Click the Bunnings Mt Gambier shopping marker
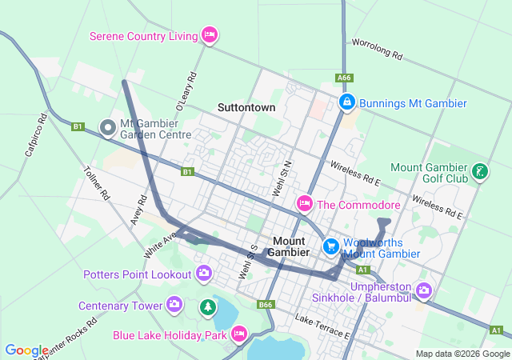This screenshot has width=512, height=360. (346, 103)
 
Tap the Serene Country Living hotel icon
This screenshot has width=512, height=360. (210, 35)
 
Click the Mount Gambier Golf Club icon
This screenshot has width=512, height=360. (479, 172)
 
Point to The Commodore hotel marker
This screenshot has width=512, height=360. (304, 205)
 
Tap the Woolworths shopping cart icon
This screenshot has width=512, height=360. (330, 247)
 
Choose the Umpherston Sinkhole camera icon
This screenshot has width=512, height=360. (423, 288)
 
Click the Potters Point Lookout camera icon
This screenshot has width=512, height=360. (204, 274)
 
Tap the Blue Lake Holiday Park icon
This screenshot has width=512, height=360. (238, 334)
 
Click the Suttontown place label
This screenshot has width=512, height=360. (246, 107)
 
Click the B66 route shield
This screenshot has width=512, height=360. (266, 305)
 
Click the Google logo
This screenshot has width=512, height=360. (26, 350)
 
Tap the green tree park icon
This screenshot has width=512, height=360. (208, 306)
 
